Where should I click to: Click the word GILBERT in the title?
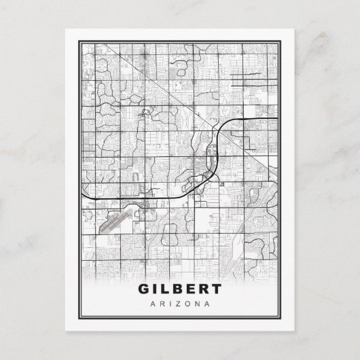pos(179,288)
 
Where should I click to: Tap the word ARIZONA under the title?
pos(179,303)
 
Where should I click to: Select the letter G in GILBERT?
pos(144,288)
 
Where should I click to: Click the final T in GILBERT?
pos(215,288)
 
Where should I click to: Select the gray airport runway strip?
pos(113,221)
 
